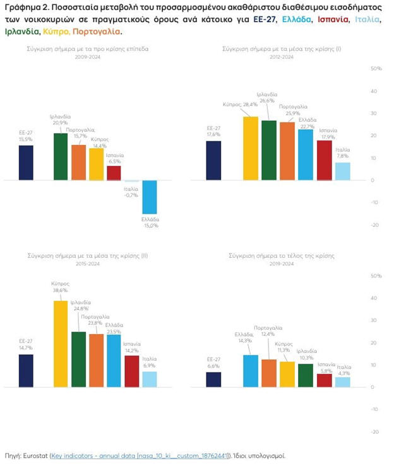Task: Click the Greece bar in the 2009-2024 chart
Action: (150, 197)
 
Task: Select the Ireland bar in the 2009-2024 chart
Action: (61, 156)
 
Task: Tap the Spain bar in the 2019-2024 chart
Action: (325, 380)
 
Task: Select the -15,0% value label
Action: (150, 225)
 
